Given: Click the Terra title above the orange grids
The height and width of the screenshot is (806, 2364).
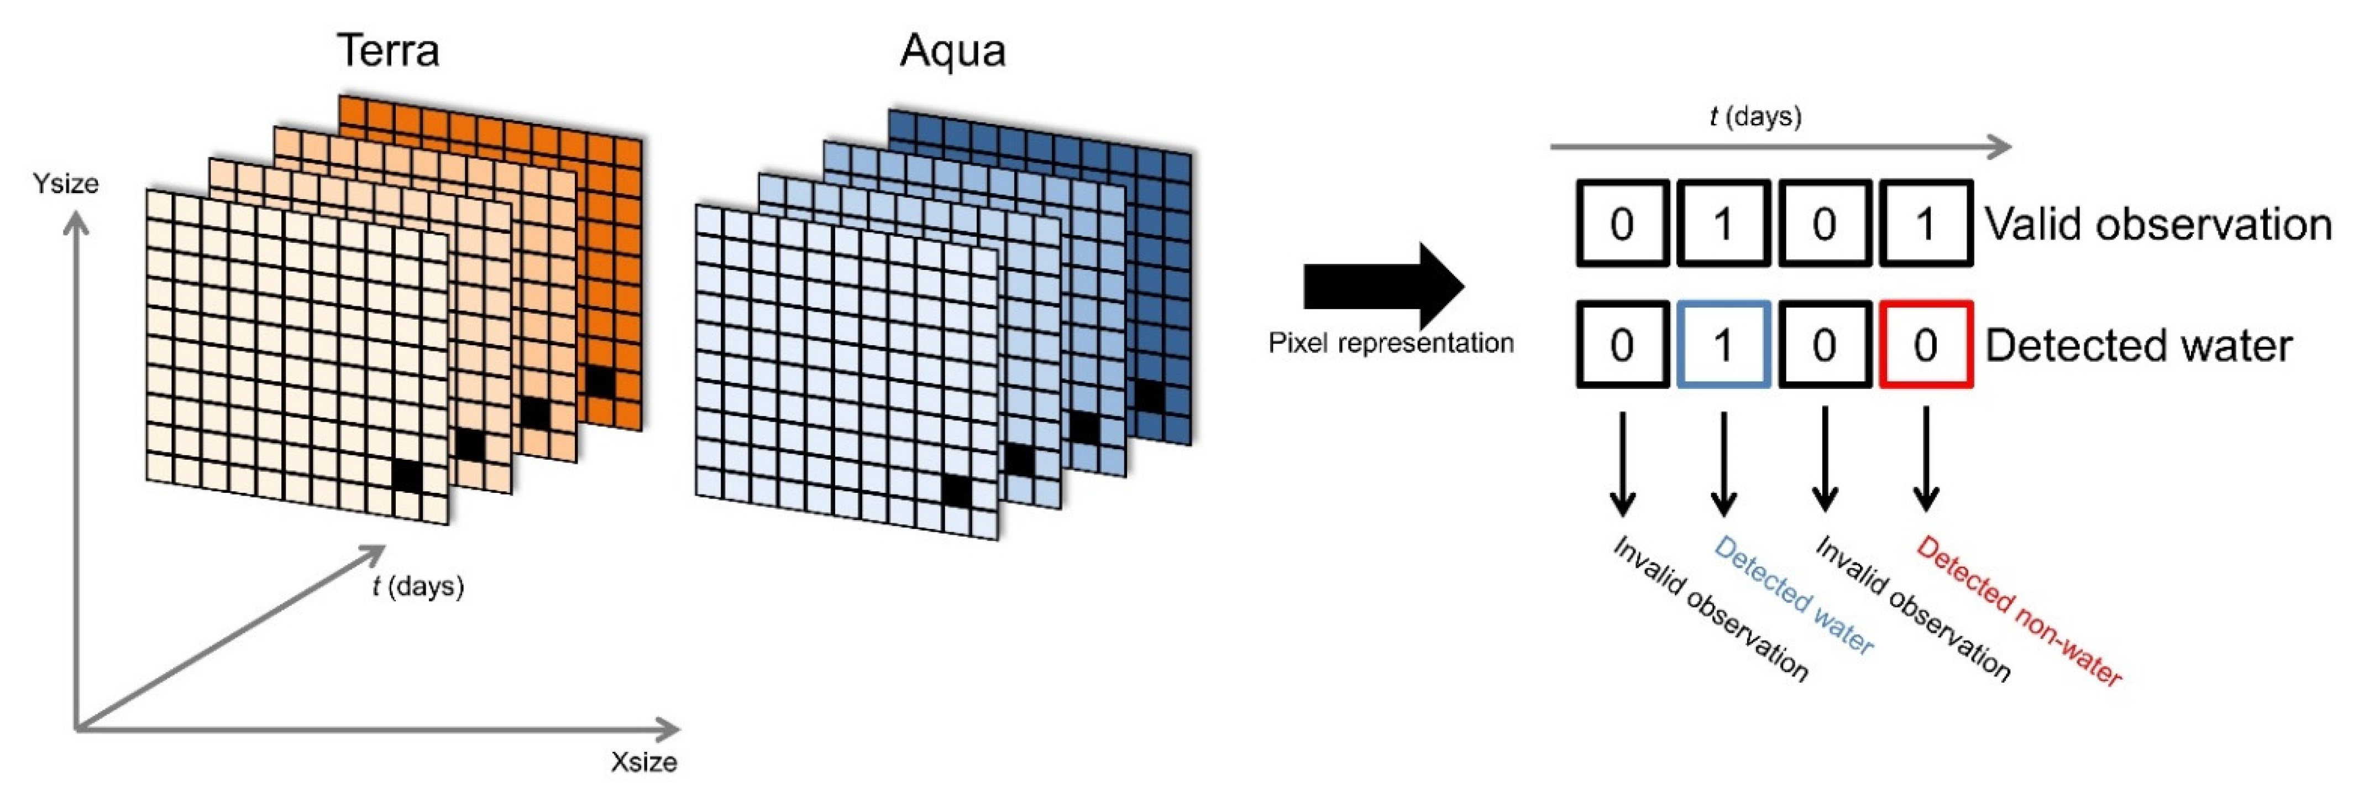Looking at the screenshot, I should pyautogui.click(x=388, y=50).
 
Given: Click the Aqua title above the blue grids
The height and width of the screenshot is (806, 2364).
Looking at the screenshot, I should pyautogui.click(x=952, y=50).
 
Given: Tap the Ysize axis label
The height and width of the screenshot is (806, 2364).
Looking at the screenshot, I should pyautogui.click(x=66, y=184).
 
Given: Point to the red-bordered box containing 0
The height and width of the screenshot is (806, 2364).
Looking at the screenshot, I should pyautogui.click(x=1925, y=344).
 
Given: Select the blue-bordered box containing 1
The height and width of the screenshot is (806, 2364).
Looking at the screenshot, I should pyautogui.click(x=1722, y=344).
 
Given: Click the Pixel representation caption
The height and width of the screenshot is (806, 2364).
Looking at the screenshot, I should pyautogui.click(x=1390, y=344).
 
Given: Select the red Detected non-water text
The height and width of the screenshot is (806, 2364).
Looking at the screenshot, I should pyautogui.click(x=2019, y=611).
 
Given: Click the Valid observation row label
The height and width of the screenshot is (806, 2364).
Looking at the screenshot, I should pyautogui.click(x=2157, y=224).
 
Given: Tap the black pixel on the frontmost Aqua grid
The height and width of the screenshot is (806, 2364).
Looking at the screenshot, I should pyautogui.click(x=957, y=491).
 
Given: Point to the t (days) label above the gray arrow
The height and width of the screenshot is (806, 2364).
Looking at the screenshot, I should pyautogui.click(x=1755, y=117).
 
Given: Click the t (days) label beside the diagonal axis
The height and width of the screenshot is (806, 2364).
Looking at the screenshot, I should pyautogui.click(x=417, y=586).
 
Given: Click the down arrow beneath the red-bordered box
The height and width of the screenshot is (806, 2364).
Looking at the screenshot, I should pyautogui.click(x=1925, y=459).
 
